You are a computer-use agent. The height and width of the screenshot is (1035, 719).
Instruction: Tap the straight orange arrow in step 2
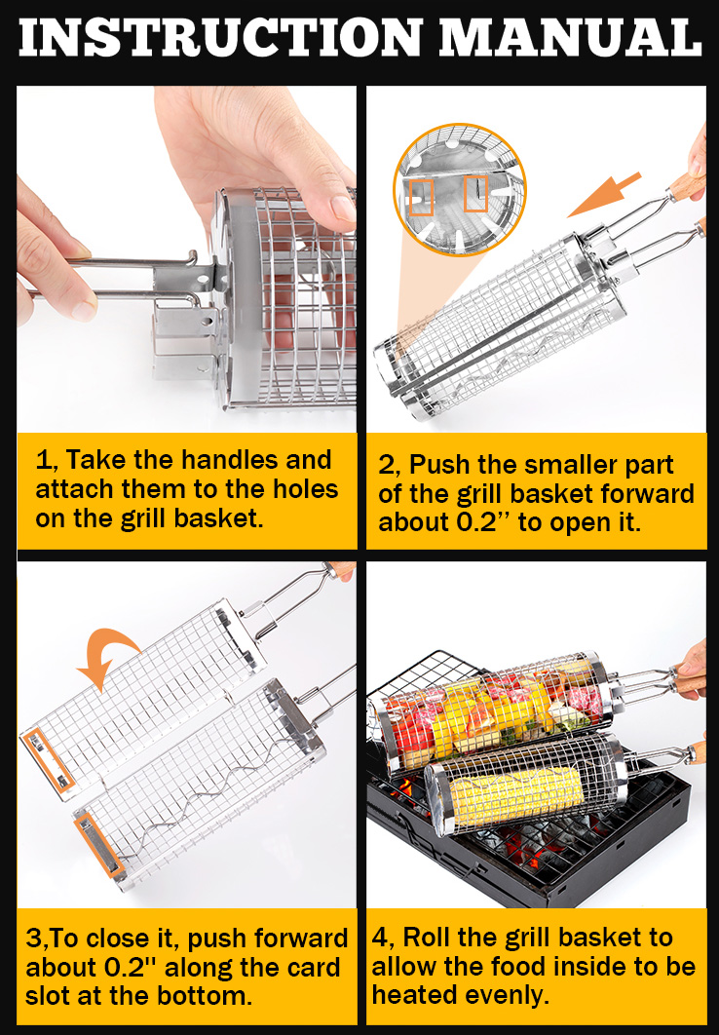click(x=604, y=195)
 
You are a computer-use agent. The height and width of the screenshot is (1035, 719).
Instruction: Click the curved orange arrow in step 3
click(x=109, y=650)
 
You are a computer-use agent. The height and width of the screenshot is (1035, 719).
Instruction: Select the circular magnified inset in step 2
click(x=460, y=189)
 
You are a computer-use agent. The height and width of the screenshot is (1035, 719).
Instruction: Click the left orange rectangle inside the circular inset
click(x=421, y=198)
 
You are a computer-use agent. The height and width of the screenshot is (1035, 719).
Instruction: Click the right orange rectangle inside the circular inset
click(x=474, y=193)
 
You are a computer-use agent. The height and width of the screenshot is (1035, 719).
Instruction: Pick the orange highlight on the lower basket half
click(x=99, y=846)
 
